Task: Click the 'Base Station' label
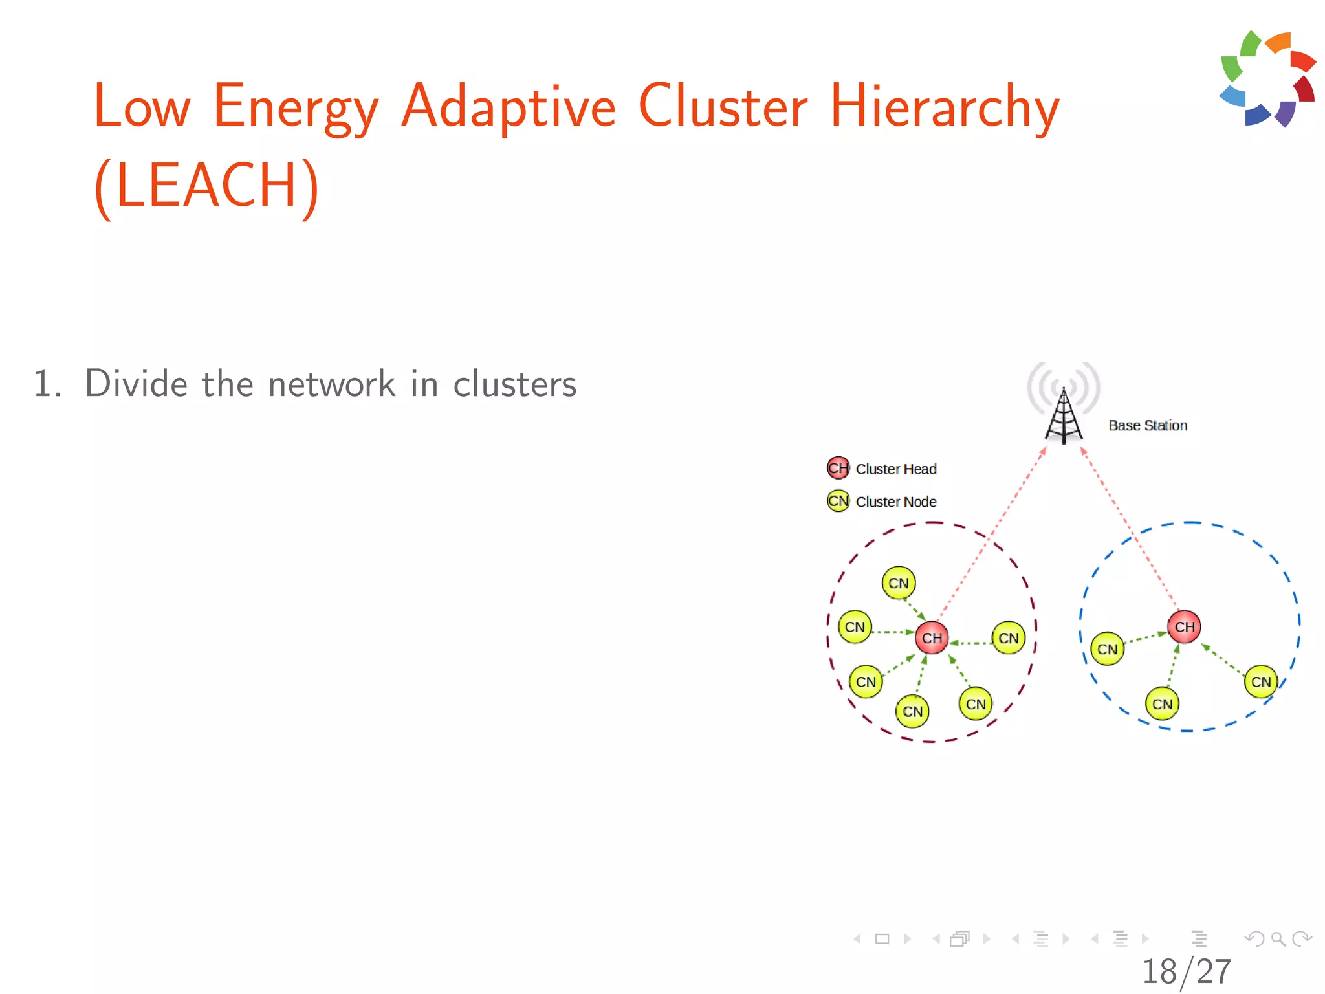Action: [1148, 426]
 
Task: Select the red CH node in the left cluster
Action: [932, 638]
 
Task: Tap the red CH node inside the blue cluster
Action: [1184, 627]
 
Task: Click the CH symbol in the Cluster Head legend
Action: [838, 468]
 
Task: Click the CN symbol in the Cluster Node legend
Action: [838, 501]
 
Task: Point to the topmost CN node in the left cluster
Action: [898, 583]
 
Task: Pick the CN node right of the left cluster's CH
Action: [1008, 638]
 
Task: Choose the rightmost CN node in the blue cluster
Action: [1260, 681]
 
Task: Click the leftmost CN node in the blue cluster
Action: [1107, 649]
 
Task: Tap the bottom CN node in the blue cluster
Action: [1162, 704]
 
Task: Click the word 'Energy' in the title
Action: [295, 107]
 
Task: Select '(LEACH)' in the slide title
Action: [206, 186]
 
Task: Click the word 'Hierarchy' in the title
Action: [944, 107]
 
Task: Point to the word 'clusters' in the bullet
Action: [514, 384]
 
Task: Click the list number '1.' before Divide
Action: [47, 384]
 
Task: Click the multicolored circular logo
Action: [1267, 79]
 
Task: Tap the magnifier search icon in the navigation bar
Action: [1278, 938]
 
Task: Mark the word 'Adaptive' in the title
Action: [509, 107]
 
